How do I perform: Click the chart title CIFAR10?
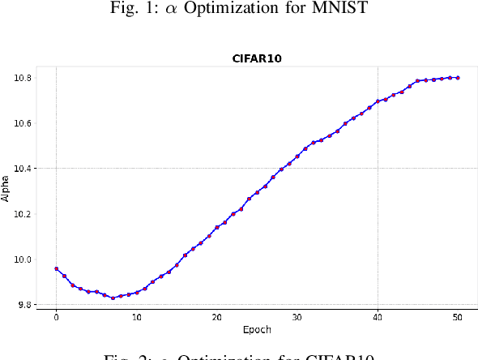coord(256,59)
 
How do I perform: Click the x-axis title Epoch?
coord(256,330)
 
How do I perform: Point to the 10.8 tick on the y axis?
coord(23,78)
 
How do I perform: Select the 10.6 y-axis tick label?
coord(23,123)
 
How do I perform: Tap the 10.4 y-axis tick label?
coord(23,169)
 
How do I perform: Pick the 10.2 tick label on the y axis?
coord(23,214)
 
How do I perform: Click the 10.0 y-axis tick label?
coord(23,259)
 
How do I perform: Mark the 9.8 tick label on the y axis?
coord(24,305)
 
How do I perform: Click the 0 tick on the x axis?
coord(56,319)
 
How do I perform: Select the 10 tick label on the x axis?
coord(136,319)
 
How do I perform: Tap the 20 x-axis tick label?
coord(216,319)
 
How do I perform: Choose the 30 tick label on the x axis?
coord(297,319)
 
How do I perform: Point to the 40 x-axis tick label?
coord(378,319)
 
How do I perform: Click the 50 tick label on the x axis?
coord(458,319)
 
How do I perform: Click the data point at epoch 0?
coord(56,268)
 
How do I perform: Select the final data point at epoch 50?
coord(458,78)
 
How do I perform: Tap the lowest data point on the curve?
coord(113,298)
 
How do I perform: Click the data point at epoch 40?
coord(378,101)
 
